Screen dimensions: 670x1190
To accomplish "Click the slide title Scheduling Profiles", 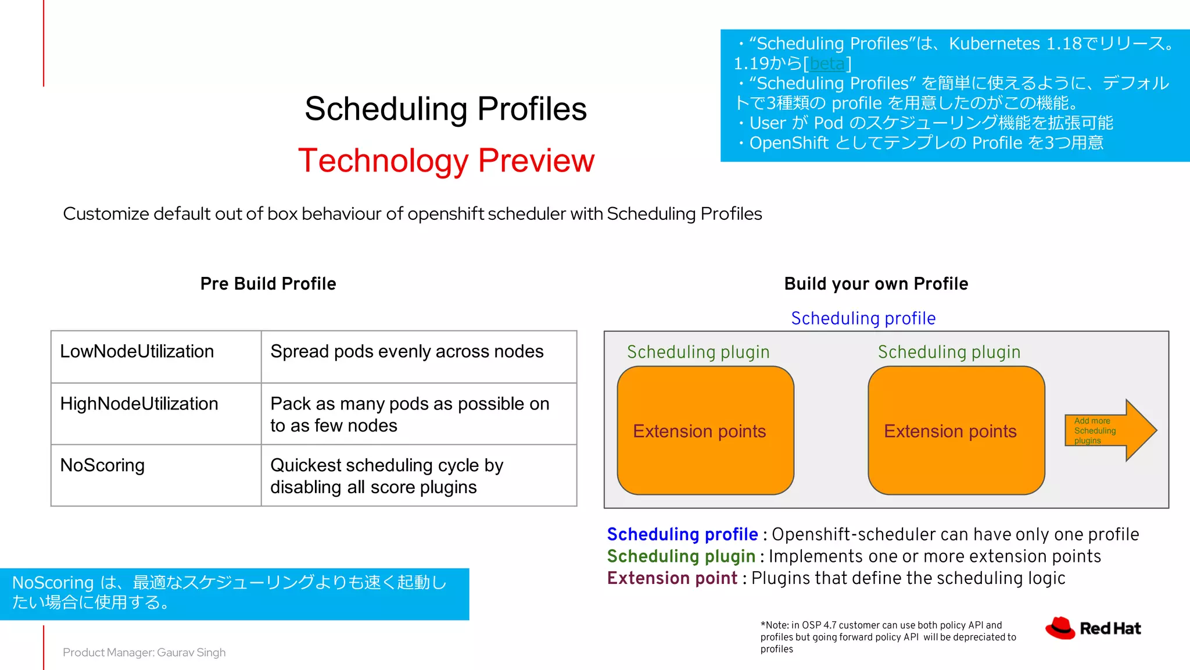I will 446,109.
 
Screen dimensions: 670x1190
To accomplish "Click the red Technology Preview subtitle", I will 446,161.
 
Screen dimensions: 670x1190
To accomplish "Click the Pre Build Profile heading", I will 268,284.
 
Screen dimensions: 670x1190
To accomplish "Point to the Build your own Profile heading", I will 876,284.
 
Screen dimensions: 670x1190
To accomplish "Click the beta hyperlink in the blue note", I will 826,63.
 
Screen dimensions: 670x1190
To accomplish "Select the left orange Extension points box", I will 705,431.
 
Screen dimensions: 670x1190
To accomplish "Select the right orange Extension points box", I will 956,431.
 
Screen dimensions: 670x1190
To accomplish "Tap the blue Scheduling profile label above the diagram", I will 863,319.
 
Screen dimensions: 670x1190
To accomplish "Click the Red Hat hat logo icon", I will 1060,628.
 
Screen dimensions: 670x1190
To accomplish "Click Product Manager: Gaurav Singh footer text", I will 144,653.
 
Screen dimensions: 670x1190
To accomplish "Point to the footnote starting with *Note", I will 888,637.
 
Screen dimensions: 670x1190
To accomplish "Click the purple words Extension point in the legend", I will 672,578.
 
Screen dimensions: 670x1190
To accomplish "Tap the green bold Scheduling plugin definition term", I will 681,557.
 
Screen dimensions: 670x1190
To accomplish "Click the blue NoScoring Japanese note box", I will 234,593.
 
